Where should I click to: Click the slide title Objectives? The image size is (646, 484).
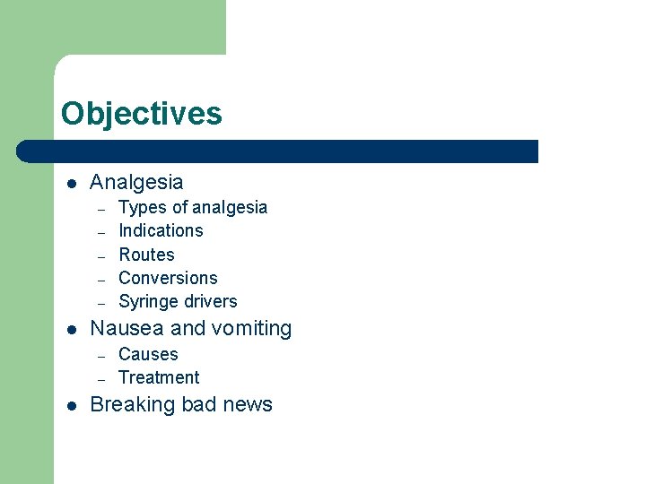[141, 114]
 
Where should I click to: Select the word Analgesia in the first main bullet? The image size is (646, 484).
[136, 182]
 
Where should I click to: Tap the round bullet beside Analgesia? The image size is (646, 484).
[71, 183]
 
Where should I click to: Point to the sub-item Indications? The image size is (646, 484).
[161, 230]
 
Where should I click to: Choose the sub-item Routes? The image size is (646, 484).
[146, 255]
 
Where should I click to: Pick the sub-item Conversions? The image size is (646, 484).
[168, 278]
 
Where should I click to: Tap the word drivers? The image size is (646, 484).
[211, 301]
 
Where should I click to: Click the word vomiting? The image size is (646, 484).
[252, 329]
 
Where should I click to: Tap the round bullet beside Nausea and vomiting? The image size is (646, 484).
[71, 330]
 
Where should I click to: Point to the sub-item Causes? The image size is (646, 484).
[148, 354]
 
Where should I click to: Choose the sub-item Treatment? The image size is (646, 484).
[159, 377]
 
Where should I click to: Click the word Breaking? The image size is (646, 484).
[133, 405]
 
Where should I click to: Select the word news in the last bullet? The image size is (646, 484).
[249, 404]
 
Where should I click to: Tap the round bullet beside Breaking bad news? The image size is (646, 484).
[71, 405]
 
